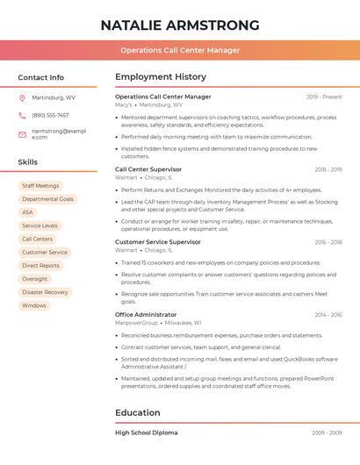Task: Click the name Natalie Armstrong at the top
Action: tap(180, 25)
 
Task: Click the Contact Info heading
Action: tap(40, 77)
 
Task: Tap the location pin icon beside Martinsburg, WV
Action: tap(22, 97)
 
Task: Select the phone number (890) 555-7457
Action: tap(50, 115)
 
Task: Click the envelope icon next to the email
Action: tap(22, 133)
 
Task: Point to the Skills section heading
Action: tap(28, 162)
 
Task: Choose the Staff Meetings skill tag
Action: tap(40, 186)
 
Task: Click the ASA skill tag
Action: tap(28, 212)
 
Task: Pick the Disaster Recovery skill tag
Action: tap(45, 292)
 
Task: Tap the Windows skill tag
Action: tap(34, 305)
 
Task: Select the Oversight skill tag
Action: tap(35, 279)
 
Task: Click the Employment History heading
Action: tap(161, 77)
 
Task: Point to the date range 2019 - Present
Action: tap(324, 97)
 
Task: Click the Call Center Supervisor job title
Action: tap(148, 169)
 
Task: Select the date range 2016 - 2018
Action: tap(328, 242)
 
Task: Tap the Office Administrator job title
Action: tap(146, 314)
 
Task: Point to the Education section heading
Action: tap(138, 412)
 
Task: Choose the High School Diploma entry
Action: tap(146, 433)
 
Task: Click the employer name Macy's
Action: tap(124, 104)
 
